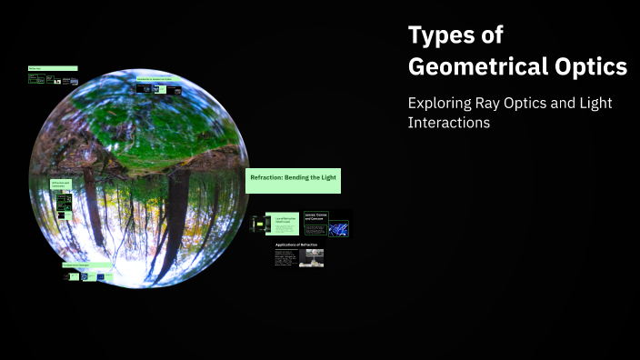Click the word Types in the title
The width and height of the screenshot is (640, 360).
click(x=443, y=35)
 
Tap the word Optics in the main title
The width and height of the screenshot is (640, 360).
click(x=589, y=66)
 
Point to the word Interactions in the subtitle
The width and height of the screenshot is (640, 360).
click(x=449, y=123)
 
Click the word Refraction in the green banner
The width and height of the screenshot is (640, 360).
click(x=269, y=178)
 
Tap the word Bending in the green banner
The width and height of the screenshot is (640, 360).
click(x=305, y=178)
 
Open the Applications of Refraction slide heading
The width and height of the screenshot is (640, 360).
click(x=296, y=245)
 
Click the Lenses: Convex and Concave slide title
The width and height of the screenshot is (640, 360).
click(x=315, y=218)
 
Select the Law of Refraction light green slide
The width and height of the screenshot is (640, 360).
click(x=282, y=223)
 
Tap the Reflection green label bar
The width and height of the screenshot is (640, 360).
click(x=52, y=68)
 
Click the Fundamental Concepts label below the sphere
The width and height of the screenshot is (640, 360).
click(x=86, y=265)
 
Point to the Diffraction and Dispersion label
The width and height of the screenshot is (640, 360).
click(x=62, y=185)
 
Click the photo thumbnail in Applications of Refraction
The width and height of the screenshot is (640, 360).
click(x=311, y=257)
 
